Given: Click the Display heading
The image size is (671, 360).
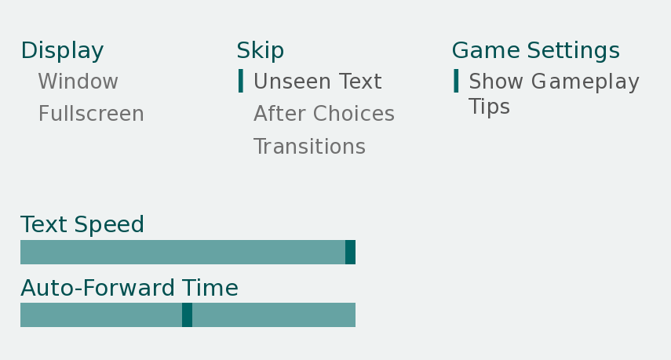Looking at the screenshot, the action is pyautogui.click(x=63, y=51).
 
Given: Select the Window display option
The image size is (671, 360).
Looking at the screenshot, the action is pyautogui.click(x=78, y=82).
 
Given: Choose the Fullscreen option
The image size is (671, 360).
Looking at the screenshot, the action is pyautogui.click(x=91, y=114).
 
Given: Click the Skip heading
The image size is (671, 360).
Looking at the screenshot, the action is pyautogui.click(x=261, y=51).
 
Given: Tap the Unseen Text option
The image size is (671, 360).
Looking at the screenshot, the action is pyautogui.click(x=318, y=82).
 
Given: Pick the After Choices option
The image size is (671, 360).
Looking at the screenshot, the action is pyautogui.click(x=324, y=114).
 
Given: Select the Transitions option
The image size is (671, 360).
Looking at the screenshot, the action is pyautogui.click(x=309, y=146).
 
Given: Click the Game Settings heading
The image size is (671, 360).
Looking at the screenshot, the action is pyautogui.click(x=536, y=50).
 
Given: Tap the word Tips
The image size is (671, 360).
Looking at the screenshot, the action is pyautogui.click(x=489, y=107).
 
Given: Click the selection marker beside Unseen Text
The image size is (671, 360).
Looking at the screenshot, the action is pyautogui.click(x=241, y=81).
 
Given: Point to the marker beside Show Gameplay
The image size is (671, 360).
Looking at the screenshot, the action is pyautogui.click(x=456, y=81).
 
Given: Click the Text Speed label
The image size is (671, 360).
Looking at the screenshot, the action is pyautogui.click(x=82, y=225).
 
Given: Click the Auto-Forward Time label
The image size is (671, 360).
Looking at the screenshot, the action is pyautogui.click(x=129, y=288).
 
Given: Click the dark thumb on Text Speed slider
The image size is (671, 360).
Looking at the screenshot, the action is pyautogui.click(x=351, y=253).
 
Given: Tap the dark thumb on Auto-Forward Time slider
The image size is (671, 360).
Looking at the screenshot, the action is pyautogui.click(x=187, y=315).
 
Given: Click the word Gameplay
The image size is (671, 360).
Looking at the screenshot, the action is pyautogui.click(x=585, y=82).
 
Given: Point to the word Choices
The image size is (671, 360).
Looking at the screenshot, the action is pyautogui.click(x=353, y=114).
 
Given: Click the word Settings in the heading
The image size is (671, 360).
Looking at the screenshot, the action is pyautogui.click(x=574, y=51).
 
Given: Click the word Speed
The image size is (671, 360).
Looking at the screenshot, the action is pyautogui.click(x=109, y=225).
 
